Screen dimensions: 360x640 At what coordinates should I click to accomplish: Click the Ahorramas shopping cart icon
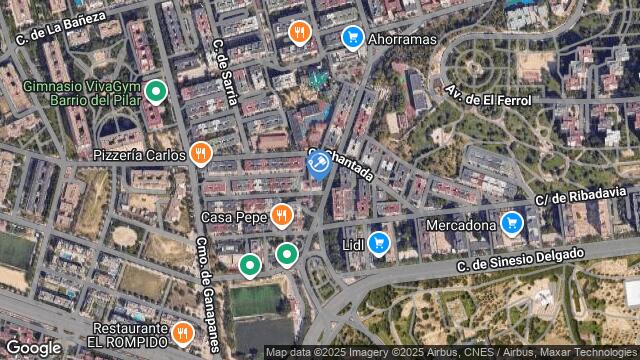(352, 38)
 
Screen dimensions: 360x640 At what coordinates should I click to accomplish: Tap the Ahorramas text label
(404, 39)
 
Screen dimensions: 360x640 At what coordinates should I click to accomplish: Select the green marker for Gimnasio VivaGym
(155, 93)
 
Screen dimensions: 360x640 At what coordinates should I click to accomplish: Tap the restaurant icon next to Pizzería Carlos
(201, 154)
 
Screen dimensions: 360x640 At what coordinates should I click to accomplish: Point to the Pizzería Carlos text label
(139, 155)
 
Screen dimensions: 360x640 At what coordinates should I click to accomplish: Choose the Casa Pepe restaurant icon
(282, 215)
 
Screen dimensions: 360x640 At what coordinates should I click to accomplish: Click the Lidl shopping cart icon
(378, 242)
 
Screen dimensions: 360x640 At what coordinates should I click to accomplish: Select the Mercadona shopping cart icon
(512, 223)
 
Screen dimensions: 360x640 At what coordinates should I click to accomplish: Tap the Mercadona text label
(461, 225)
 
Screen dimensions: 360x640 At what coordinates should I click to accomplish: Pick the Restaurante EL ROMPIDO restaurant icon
(182, 331)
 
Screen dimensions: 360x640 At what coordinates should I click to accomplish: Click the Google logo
(33, 347)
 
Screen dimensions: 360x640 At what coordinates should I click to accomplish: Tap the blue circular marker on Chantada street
(319, 164)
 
